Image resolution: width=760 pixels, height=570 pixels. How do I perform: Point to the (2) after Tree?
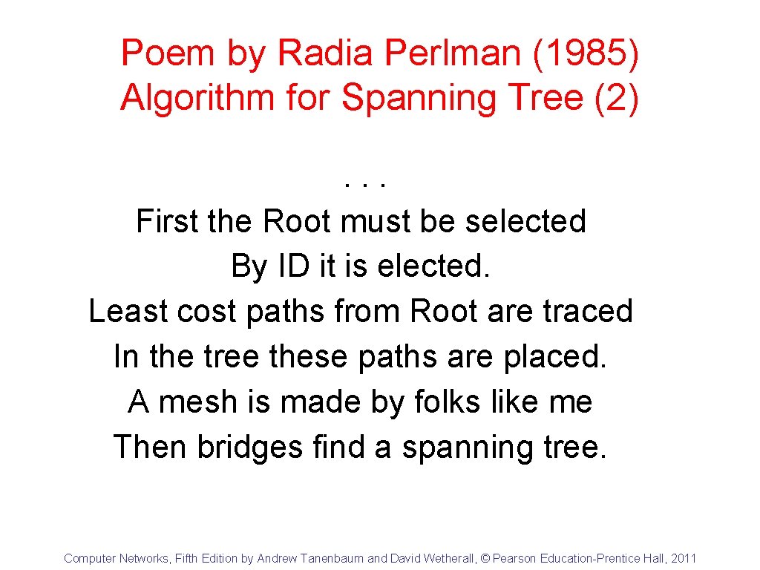[617, 98]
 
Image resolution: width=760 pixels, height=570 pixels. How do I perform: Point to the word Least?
[128, 311]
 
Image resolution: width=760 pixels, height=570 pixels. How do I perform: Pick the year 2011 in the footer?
[684, 559]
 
